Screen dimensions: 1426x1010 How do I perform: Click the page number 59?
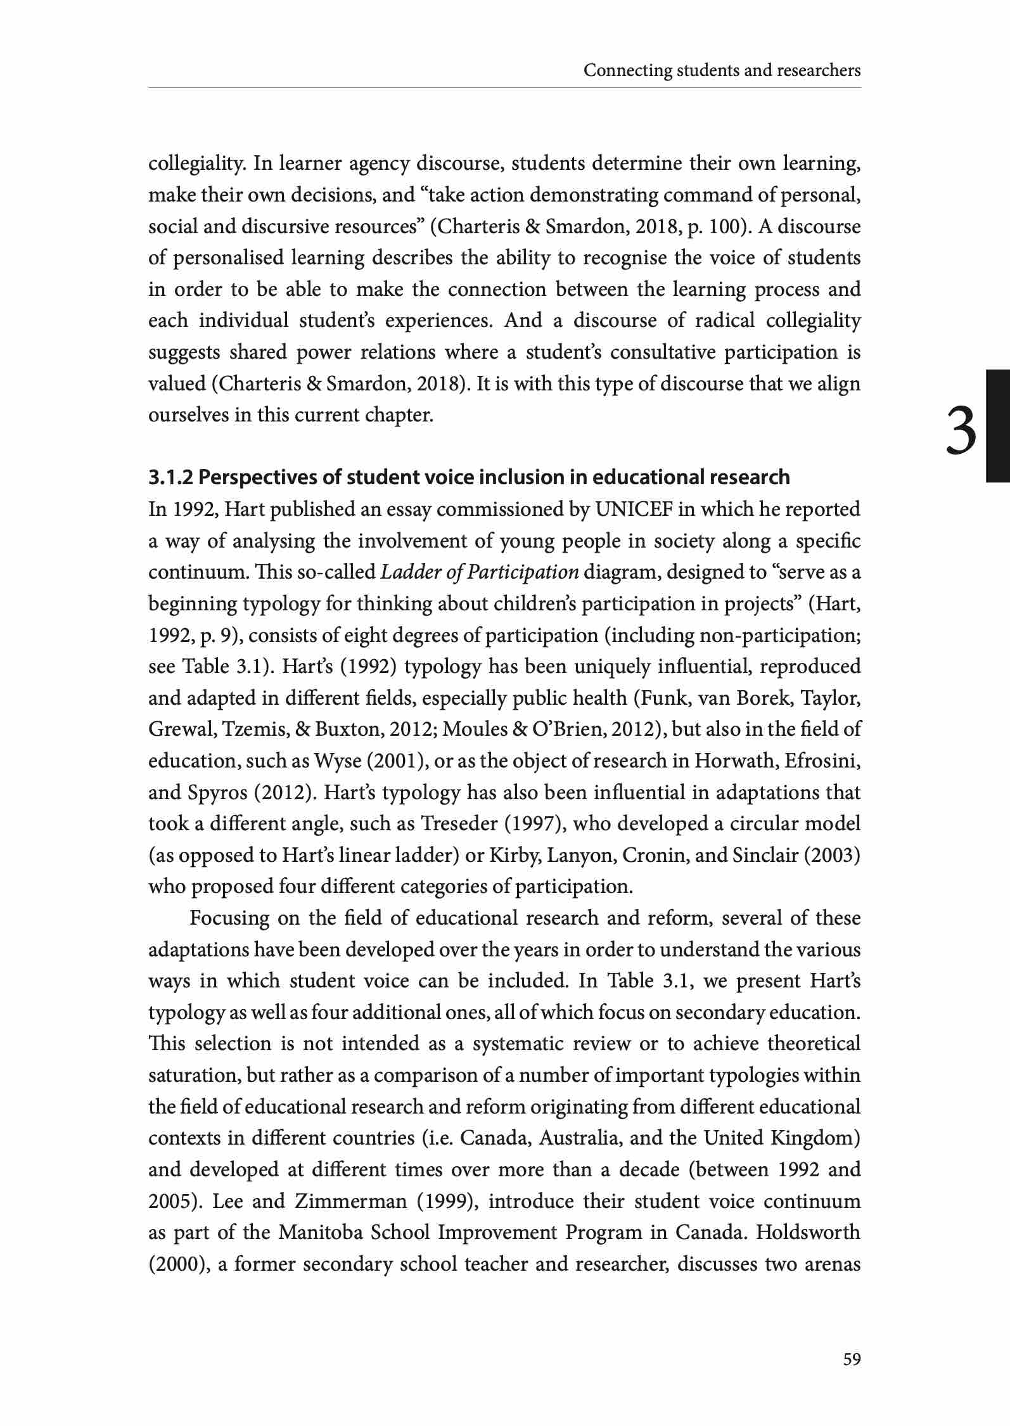[852, 1359]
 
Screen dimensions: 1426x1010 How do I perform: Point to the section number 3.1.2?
[171, 477]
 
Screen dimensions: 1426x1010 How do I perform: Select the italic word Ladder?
[405, 572]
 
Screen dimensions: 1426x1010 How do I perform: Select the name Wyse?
[334, 761]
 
